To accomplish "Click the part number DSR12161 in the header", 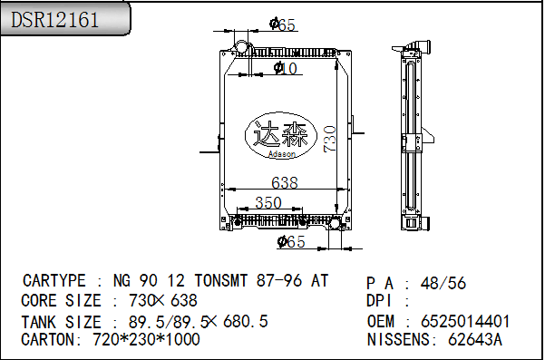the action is pyautogui.click(x=55, y=20).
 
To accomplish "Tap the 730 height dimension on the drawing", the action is pyautogui.click(x=329, y=139).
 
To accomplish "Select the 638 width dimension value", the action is pyautogui.click(x=285, y=182).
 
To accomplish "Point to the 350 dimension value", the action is pyautogui.click(x=268, y=202).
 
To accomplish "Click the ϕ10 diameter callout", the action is pyautogui.click(x=286, y=68).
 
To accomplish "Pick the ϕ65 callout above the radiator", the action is pyautogui.click(x=282, y=24).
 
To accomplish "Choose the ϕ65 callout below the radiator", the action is pyautogui.click(x=291, y=241).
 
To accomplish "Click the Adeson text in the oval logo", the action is pyautogui.click(x=282, y=154).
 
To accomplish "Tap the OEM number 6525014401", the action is pyautogui.click(x=465, y=321).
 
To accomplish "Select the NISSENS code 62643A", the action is pyautogui.click(x=475, y=339).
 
